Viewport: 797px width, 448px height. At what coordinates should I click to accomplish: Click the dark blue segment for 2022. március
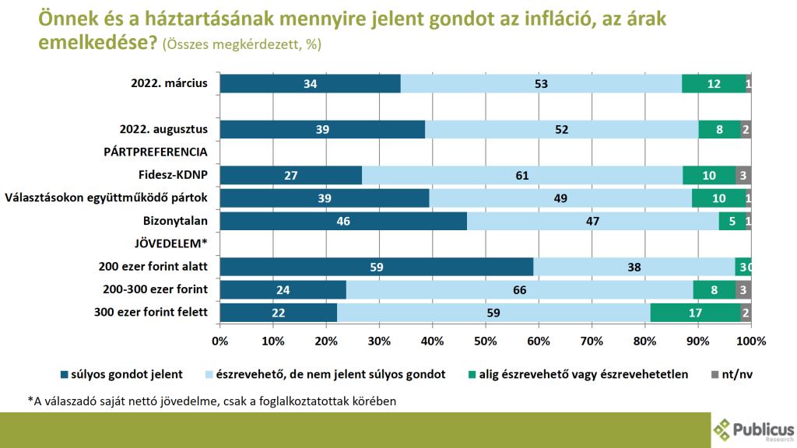[310, 84]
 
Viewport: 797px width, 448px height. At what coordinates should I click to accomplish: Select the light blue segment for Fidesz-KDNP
[522, 176]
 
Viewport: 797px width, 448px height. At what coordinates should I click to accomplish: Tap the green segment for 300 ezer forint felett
[695, 313]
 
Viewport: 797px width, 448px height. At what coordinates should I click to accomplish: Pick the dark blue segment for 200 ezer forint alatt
[377, 268]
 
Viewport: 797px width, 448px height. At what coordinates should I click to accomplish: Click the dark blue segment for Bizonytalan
[343, 222]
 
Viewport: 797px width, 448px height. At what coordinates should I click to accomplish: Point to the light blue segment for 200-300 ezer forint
[519, 291]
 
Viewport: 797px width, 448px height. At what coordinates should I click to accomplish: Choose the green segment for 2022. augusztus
[719, 130]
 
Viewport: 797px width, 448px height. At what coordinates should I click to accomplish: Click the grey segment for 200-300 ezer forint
[743, 291]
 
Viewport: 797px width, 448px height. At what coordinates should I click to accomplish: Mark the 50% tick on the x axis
[486, 326]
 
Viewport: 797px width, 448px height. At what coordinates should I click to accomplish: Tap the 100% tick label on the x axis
[750, 341]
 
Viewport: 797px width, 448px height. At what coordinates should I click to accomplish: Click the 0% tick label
[220, 341]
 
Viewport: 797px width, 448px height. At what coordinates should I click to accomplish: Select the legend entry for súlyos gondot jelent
[121, 374]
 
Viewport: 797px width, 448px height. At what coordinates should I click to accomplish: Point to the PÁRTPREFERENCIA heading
[156, 152]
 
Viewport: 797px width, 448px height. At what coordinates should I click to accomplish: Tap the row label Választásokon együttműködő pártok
[107, 198]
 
